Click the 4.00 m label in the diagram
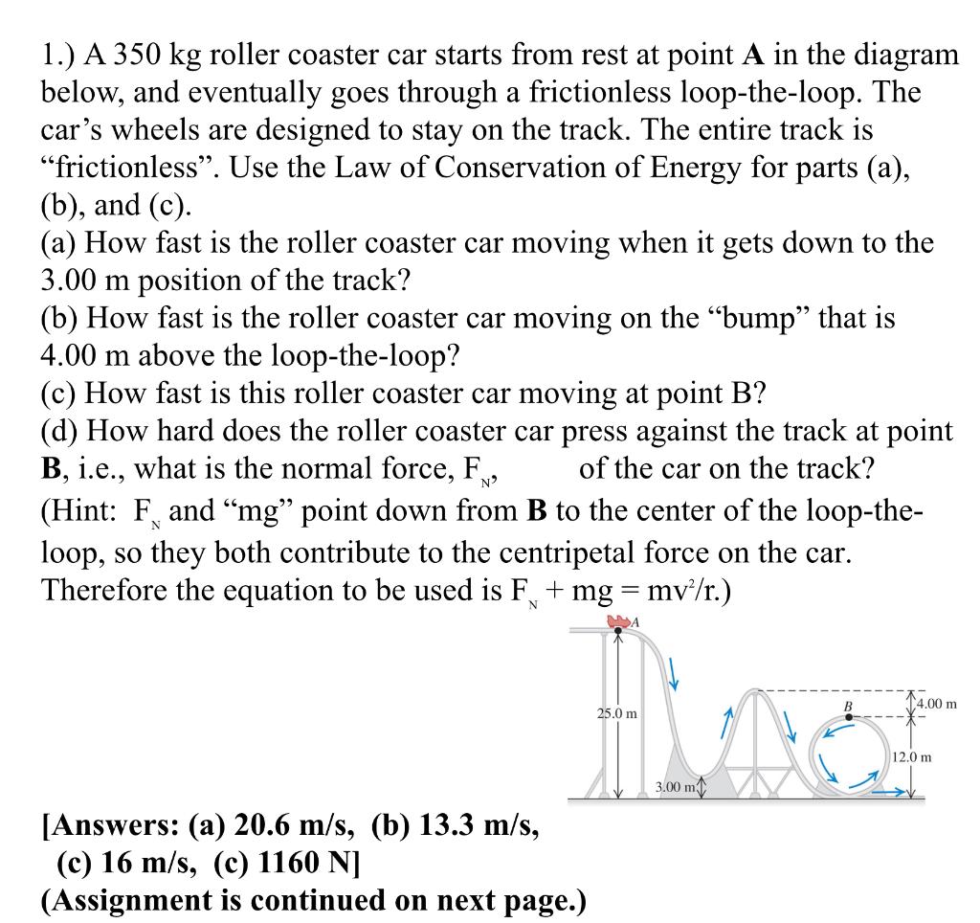click(x=935, y=705)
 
